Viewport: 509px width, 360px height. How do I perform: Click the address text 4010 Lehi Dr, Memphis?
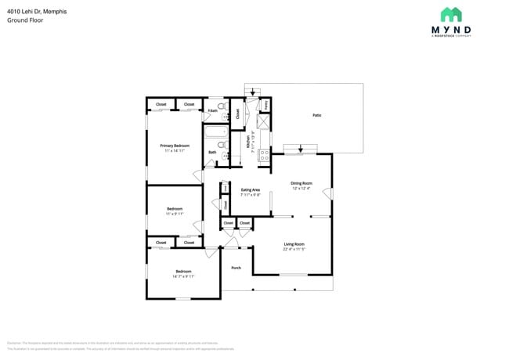click(x=36, y=12)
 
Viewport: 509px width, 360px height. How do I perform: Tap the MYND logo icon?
click(x=451, y=14)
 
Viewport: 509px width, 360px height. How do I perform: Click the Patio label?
click(x=317, y=115)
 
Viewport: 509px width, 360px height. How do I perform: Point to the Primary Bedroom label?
click(x=175, y=146)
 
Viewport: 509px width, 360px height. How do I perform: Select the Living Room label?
click(x=294, y=244)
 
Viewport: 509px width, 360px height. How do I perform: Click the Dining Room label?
click(x=301, y=183)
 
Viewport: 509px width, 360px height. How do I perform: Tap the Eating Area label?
click(x=251, y=190)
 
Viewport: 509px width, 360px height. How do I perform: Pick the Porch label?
click(x=236, y=268)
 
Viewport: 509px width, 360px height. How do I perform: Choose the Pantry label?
click(x=265, y=104)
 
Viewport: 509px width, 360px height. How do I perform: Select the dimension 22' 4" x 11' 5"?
click(x=294, y=250)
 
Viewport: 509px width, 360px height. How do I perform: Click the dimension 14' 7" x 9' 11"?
click(x=183, y=276)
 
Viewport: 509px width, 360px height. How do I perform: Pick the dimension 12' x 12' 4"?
click(x=301, y=189)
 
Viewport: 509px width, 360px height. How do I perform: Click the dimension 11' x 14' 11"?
click(x=175, y=151)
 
